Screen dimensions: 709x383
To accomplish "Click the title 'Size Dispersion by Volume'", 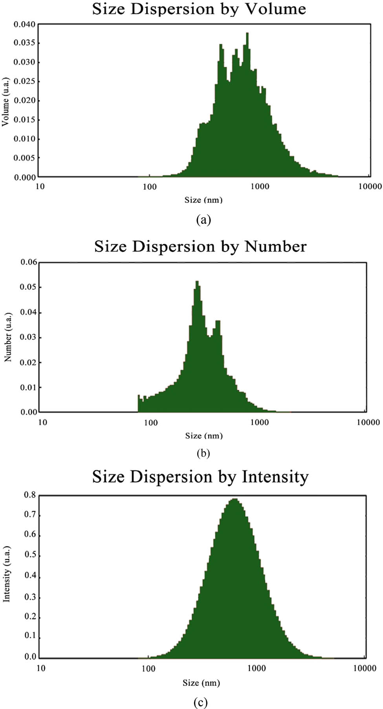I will [199, 9].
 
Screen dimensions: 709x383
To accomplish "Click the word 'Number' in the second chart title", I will [275, 247].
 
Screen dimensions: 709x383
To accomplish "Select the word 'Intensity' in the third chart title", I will [275, 477].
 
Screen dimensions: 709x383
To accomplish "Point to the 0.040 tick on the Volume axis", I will [24, 24].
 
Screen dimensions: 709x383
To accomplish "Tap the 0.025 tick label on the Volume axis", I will [24, 81].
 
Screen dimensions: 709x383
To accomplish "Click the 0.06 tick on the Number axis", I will [29, 262].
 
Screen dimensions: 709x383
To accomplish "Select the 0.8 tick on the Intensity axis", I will [30, 495].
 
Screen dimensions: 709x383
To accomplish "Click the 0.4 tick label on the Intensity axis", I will [30, 576].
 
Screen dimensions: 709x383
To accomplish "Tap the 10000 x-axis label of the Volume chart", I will [370, 186].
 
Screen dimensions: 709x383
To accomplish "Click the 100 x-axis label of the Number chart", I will [150, 423].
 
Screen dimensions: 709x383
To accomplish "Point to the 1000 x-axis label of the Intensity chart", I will [256, 668].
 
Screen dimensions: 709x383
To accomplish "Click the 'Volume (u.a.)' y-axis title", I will [5, 102].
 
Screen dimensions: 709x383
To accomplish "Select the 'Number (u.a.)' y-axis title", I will [7, 337].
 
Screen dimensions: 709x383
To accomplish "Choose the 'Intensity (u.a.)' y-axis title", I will [6, 574].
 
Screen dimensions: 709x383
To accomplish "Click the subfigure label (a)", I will [203, 219].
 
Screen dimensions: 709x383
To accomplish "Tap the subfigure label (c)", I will [200, 702].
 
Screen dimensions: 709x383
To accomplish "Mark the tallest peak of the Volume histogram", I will [247, 34].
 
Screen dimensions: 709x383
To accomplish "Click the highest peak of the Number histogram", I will [197, 282].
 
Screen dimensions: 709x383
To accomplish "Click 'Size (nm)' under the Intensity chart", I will [201, 683].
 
